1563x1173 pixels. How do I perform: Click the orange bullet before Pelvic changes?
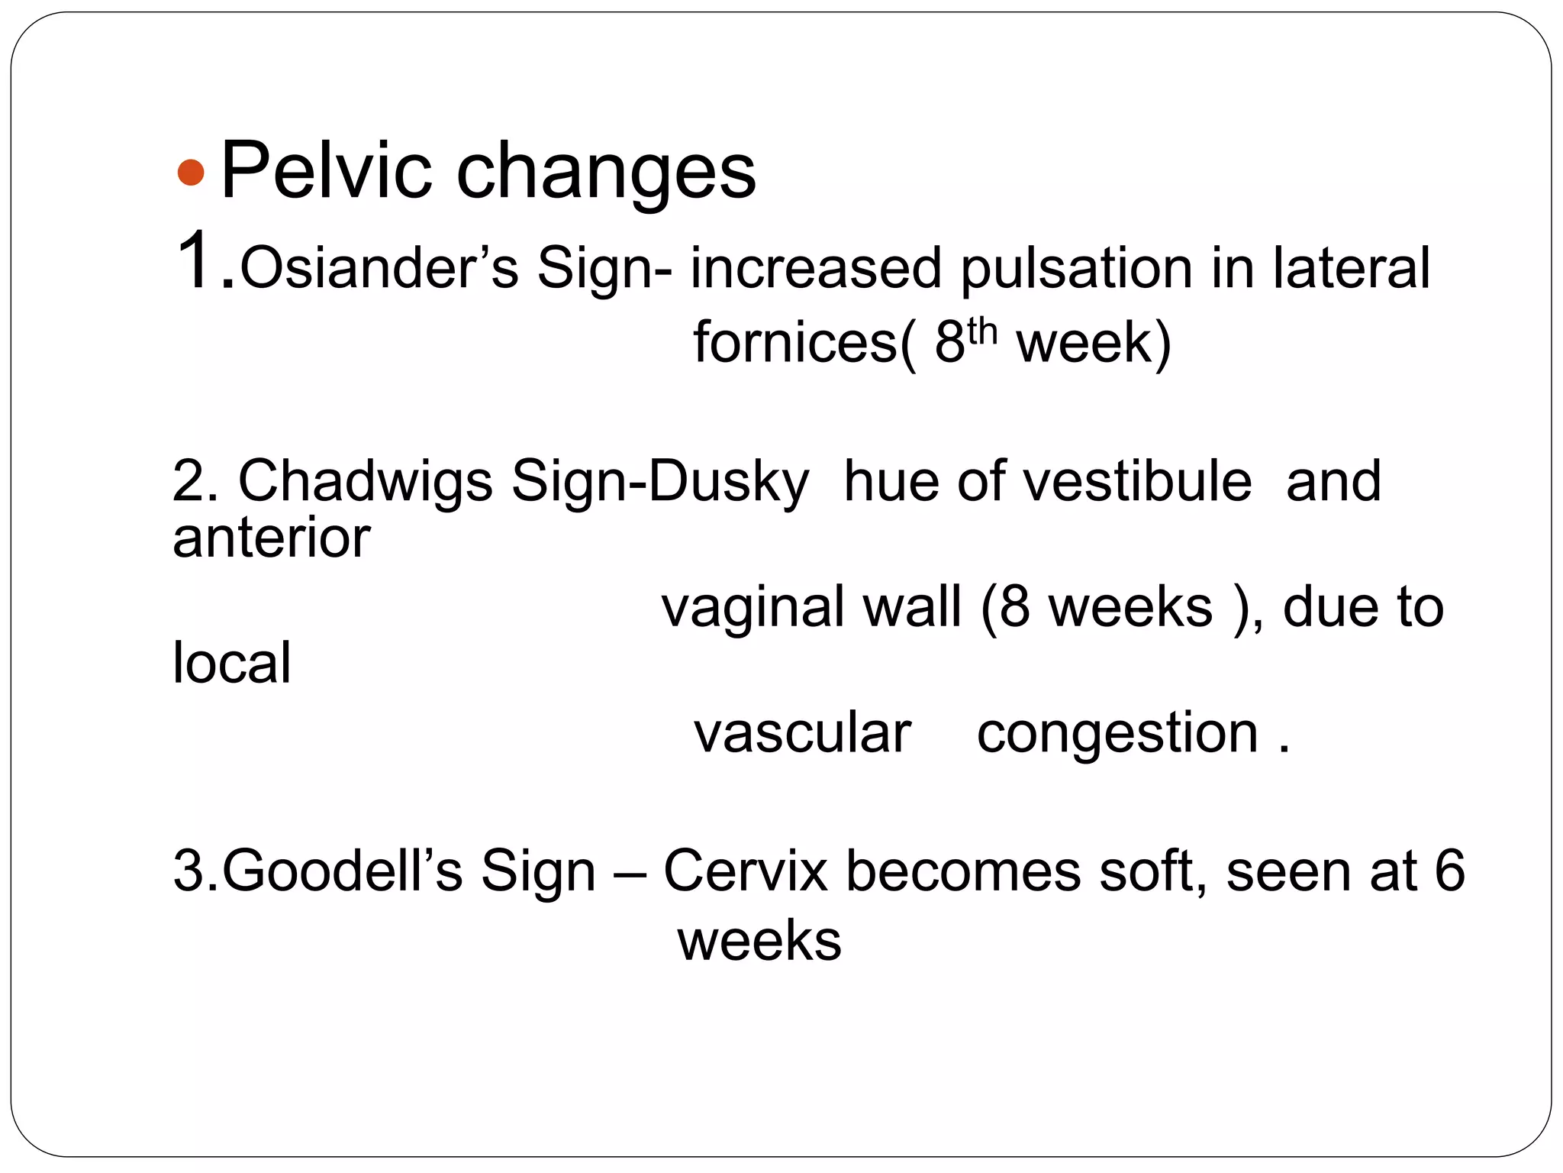[x=190, y=173]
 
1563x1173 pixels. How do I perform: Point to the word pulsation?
[x=1075, y=270]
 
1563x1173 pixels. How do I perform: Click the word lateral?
[x=1350, y=268]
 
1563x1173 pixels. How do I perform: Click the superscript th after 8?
[x=981, y=331]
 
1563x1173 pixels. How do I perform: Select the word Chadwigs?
[x=366, y=482]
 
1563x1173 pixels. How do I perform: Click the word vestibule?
[x=1137, y=482]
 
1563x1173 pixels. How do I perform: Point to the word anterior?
[x=271, y=538]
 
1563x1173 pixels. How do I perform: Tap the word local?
[x=231, y=662]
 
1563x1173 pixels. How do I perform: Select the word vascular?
[x=802, y=732]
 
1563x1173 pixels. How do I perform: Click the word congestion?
[x=1117, y=734]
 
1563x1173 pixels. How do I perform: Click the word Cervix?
[x=745, y=870]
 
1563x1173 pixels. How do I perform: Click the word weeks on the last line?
[x=759, y=940]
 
